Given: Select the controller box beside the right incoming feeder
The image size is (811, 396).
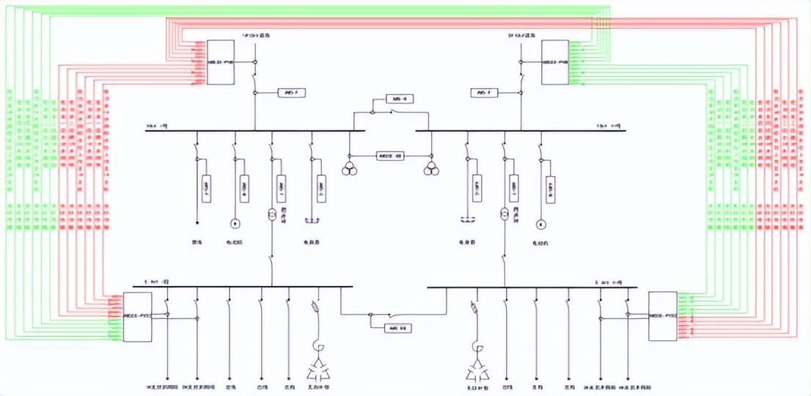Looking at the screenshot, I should [x=555, y=62].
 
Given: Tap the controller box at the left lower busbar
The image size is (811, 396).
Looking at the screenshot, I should [x=137, y=316].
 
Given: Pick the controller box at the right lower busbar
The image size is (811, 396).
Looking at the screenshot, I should [x=664, y=315].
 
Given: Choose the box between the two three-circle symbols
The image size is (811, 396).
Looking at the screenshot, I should [x=390, y=155].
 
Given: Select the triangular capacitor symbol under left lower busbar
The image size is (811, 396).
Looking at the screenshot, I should [x=317, y=367].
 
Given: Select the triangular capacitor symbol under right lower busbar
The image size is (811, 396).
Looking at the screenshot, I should [x=472, y=367].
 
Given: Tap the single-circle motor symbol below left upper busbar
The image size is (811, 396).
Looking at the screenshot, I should [x=235, y=223].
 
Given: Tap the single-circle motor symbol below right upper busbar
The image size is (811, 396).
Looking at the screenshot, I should [x=541, y=223].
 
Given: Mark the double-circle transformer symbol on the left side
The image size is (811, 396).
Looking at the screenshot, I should [x=271, y=214].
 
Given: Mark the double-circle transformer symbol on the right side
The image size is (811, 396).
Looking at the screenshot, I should [x=504, y=214].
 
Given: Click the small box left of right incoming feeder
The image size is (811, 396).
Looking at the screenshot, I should [x=485, y=93].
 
